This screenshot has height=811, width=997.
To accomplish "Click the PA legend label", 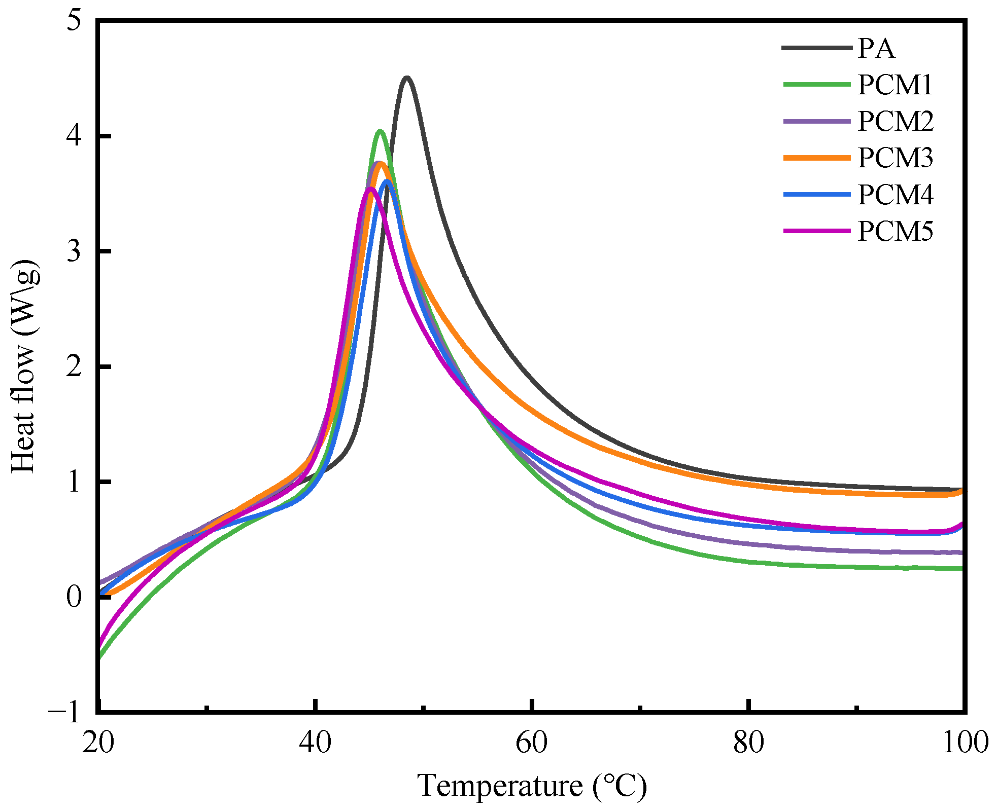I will click(876, 49).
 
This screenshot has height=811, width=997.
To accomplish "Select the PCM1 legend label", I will click(895, 85).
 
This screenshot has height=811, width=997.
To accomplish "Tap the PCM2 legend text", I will click(895, 121).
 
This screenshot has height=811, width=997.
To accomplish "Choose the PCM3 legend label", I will click(895, 158).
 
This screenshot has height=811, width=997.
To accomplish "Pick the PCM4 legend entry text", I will click(895, 195).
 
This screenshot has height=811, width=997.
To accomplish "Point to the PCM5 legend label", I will click(895, 232).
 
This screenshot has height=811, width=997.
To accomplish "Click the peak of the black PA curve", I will click(406, 78).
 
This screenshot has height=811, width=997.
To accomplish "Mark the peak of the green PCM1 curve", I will click(380, 131).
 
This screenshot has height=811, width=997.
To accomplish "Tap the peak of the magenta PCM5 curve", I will click(370, 189).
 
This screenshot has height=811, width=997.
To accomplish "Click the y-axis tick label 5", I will click(74, 23).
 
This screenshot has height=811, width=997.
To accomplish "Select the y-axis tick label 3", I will click(74, 251).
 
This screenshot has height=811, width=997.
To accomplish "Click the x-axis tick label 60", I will click(531, 743).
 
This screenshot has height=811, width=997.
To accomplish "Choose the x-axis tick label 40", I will click(315, 743).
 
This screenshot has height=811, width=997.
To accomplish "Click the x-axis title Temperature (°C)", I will click(532, 786).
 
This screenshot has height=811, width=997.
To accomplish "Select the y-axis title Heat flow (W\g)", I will click(24, 366).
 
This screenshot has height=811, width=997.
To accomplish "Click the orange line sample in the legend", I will click(817, 158).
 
